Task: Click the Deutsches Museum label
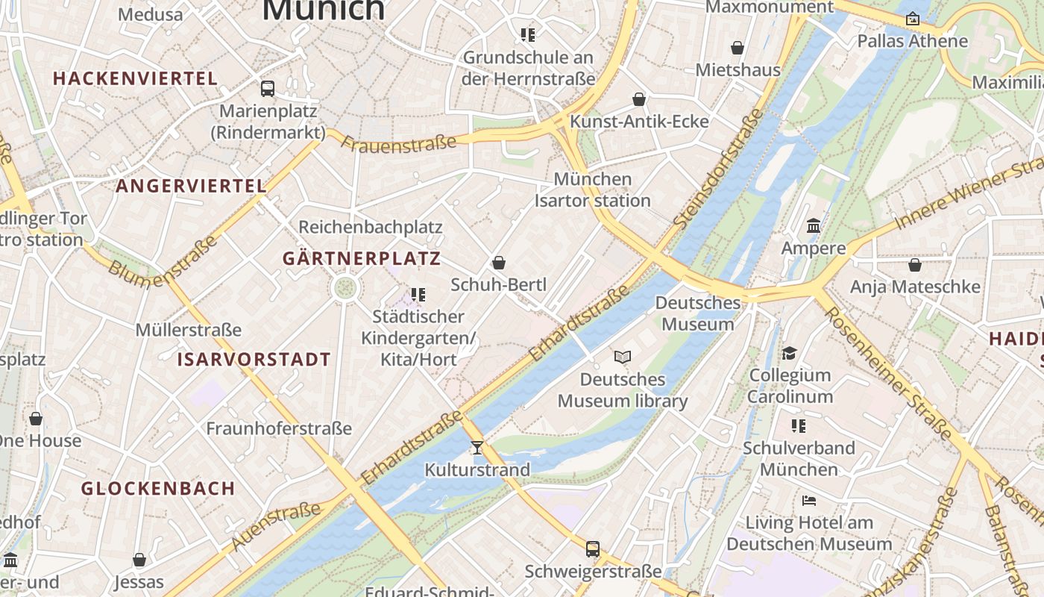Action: (x=697, y=313)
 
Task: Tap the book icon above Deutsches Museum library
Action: (x=623, y=357)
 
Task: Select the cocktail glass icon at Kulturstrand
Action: (x=477, y=448)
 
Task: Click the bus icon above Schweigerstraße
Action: (x=593, y=549)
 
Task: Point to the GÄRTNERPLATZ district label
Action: (x=362, y=259)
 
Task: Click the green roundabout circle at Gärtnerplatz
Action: (x=345, y=287)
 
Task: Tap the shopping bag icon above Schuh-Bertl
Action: (x=499, y=263)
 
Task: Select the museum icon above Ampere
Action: (x=814, y=225)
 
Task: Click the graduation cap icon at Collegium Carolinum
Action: (x=790, y=353)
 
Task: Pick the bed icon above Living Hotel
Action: (x=809, y=500)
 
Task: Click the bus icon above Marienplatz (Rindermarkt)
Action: (x=268, y=89)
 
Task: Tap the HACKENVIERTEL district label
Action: (x=135, y=78)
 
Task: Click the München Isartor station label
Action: (x=593, y=190)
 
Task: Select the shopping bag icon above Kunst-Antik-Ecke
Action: (x=639, y=99)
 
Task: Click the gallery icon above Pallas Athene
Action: (x=912, y=19)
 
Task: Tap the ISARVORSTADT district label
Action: (x=254, y=360)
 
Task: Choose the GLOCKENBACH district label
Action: (x=158, y=489)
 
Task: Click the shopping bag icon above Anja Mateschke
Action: (x=915, y=265)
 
